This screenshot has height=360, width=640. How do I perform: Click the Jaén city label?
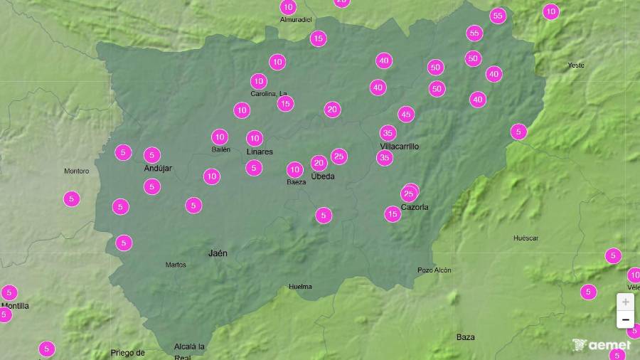(x=218, y=253)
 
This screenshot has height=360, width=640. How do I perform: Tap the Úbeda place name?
(x=323, y=176)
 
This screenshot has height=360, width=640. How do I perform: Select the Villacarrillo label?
(x=400, y=147)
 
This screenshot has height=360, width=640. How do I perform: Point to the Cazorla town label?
(x=415, y=207)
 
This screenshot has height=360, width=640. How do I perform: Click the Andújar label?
(x=158, y=169)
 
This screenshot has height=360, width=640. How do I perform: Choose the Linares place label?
(x=260, y=152)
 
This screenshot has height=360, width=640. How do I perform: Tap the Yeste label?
(x=576, y=65)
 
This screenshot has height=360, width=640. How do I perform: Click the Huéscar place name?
(x=526, y=238)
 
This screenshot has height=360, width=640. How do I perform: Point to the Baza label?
(x=466, y=337)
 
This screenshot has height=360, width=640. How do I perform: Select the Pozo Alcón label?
(x=434, y=270)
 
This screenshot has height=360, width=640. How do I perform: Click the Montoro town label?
(x=76, y=171)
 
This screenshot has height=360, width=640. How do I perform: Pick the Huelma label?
(x=300, y=287)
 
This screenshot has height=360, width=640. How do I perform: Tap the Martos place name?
(x=175, y=265)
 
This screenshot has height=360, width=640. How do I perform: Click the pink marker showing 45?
(x=406, y=114)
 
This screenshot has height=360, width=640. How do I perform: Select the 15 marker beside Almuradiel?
(x=318, y=38)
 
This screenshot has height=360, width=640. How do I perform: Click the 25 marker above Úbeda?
(x=339, y=157)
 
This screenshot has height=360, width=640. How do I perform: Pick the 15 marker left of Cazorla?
(x=393, y=213)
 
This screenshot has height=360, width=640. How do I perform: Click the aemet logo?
(x=601, y=345)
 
